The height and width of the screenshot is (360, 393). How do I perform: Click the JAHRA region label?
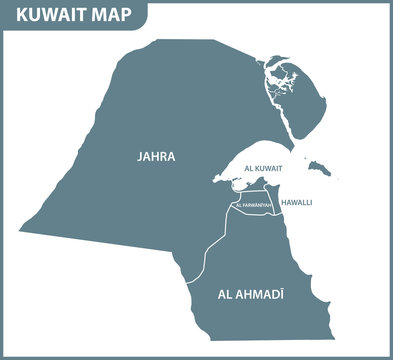point(157,157)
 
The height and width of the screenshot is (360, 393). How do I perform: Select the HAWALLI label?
point(296,202)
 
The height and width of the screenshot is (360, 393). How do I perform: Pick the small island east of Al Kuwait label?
point(320,167)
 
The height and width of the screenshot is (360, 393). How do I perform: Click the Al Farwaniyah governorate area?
point(250,214)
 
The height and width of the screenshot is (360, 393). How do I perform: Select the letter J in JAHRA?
point(141,157)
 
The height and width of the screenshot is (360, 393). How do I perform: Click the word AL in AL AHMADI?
point(223,296)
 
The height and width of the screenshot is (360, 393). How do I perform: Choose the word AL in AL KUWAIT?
point(237,169)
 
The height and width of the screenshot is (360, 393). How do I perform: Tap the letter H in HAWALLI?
point(283,202)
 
